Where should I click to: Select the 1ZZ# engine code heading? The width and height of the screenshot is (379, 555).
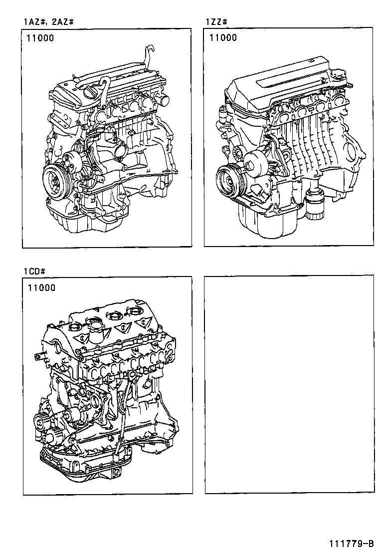point(217,22)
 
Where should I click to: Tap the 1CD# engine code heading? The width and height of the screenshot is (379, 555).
point(34,271)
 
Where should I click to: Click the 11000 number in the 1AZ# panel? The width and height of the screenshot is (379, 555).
point(41,38)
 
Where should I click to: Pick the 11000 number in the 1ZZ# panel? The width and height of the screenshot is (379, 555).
point(223,38)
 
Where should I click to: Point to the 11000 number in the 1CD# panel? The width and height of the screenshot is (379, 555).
point(42,287)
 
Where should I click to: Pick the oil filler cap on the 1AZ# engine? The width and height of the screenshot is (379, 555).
point(91,91)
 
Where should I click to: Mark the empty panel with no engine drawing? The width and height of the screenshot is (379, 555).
point(289,385)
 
